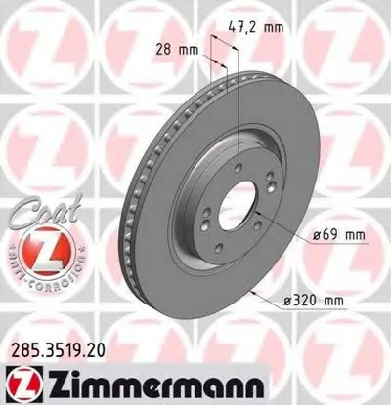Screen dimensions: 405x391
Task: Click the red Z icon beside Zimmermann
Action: coord(22,381)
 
